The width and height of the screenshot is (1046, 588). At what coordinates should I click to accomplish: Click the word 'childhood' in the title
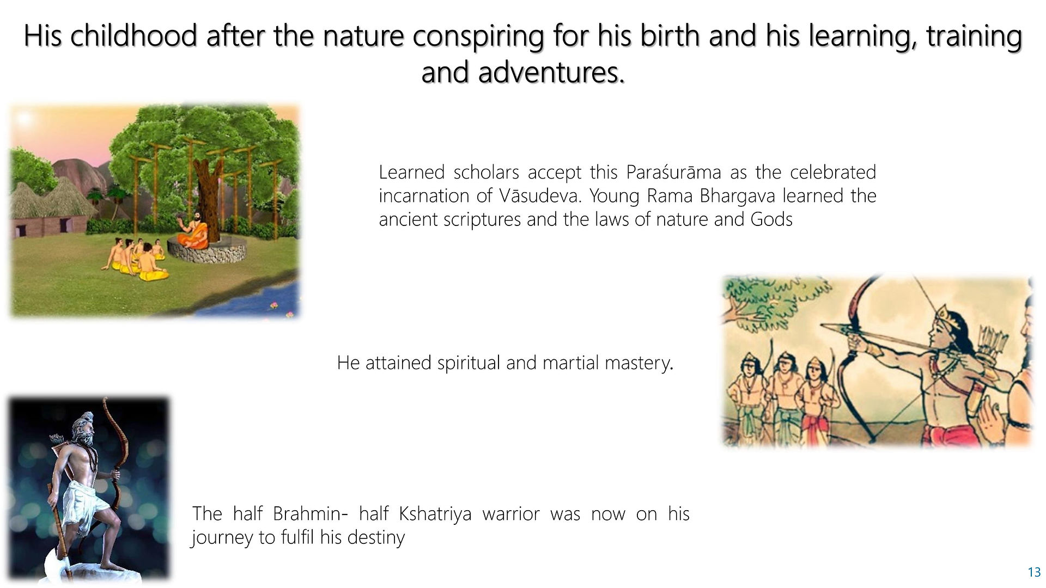(x=133, y=36)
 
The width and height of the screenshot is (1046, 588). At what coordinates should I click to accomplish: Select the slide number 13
(x=1034, y=572)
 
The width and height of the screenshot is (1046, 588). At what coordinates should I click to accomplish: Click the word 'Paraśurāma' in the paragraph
(x=673, y=173)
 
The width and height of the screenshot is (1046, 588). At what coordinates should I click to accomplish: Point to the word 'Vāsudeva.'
(x=539, y=196)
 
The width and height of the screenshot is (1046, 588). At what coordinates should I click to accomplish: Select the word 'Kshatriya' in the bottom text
(x=435, y=514)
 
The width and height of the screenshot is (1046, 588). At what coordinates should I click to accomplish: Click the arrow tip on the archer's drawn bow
(x=825, y=327)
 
